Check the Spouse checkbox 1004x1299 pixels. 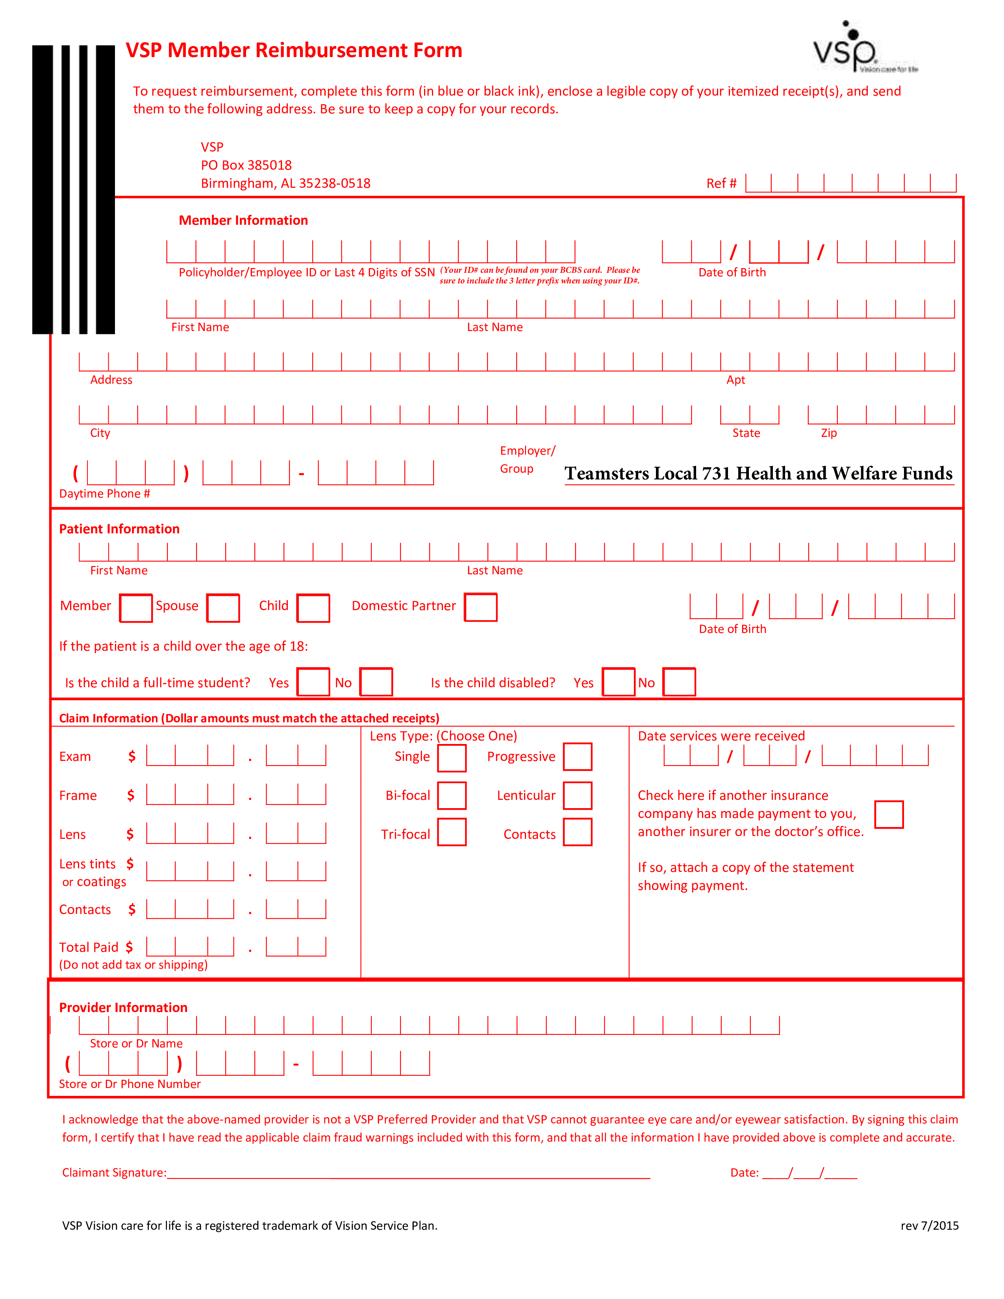pos(223,608)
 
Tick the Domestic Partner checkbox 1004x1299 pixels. pos(481,607)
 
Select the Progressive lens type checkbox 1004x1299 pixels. pos(578,757)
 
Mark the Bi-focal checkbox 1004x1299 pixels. pos(452,796)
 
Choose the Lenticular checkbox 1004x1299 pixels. pos(578,796)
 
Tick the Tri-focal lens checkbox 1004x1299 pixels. pos(452,832)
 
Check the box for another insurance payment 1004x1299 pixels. pos(889,814)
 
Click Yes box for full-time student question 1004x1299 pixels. pos(313,682)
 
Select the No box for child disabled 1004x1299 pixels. pos(679,682)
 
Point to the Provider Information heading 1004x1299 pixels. pos(123,1008)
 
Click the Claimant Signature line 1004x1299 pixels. pos(409,1178)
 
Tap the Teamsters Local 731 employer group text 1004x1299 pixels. pos(758,474)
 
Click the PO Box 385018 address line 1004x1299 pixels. pos(246,165)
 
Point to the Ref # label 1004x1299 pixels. pos(721,183)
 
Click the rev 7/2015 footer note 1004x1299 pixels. pos(930,1225)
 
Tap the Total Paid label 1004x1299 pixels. pos(89,947)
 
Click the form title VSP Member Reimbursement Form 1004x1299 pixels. pos(294,50)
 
